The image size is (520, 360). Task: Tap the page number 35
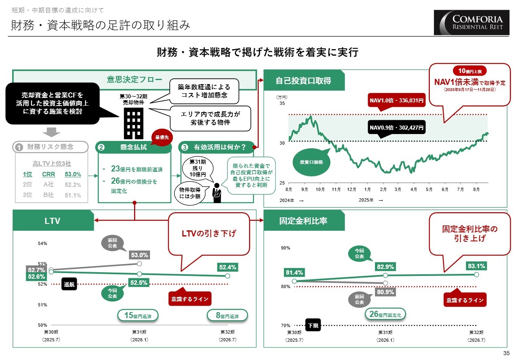pyautogui.click(x=506, y=353)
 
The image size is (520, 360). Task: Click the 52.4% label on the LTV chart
pyautogui.click(x=227, y=267)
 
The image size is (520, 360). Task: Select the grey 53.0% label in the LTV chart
pyautogui.click(x=139, y=255)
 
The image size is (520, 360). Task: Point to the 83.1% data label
pyautogui.click(x=476, y=266)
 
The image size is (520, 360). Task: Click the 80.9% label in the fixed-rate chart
pyautogui.click(x=385, y=292)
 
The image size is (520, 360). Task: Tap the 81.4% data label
pyautogui.click(x=295, y=272)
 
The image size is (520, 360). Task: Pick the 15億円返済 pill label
pyautogui.click(x=137, y=315)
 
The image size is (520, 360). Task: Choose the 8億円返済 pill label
pyautogui.click(x=227, y=315)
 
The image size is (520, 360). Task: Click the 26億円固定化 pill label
pyautogui.click(x=386, y=314)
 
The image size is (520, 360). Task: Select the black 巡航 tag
pyautogui.click(x=69, y=284)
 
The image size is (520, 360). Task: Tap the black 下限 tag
pyautogui.click(x=313, y=325)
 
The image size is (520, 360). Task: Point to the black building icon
pyautogui.click(x=134, y=123)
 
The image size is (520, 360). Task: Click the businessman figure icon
pyautogui.click(x=217, y=194)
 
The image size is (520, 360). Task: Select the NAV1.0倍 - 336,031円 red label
pyautogui.click(x=396, y=100)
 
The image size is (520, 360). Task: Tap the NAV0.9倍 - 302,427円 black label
pyautogui.click(x=396, y=128)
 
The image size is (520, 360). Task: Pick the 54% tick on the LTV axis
pyautogui.click(x=43, y=244)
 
